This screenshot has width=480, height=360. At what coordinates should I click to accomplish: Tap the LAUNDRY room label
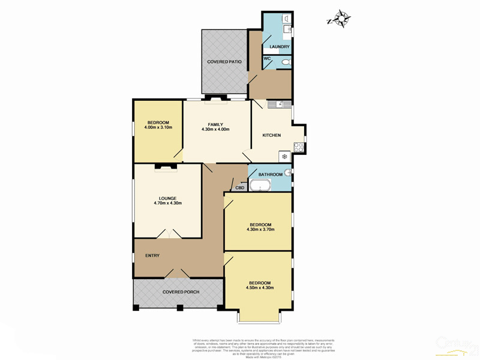(280, 47)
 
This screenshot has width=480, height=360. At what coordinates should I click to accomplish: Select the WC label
(268, 58)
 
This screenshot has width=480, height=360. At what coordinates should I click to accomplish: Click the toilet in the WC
(286, 62)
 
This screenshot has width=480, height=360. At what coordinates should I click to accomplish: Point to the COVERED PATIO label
(224, 62)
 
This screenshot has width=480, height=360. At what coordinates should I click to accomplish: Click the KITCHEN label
(272, 135)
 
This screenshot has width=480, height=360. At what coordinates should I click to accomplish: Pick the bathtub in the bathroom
(260, 185)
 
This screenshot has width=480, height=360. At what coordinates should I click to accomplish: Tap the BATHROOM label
(266, 175)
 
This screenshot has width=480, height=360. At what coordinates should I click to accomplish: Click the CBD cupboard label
(240, 188)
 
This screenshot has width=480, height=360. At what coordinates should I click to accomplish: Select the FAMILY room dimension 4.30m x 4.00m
(215, 130)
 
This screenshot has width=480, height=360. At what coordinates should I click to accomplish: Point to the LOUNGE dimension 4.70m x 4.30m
(167, 203)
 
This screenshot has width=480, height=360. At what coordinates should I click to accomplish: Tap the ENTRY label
(152, 256)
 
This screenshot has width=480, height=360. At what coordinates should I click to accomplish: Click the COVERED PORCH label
(181, 292)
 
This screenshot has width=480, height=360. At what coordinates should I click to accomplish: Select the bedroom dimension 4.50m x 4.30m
(260, 288)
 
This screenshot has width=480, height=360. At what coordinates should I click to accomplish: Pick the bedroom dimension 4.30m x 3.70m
(260, 229)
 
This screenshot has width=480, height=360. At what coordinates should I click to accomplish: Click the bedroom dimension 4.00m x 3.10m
(158, 127)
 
